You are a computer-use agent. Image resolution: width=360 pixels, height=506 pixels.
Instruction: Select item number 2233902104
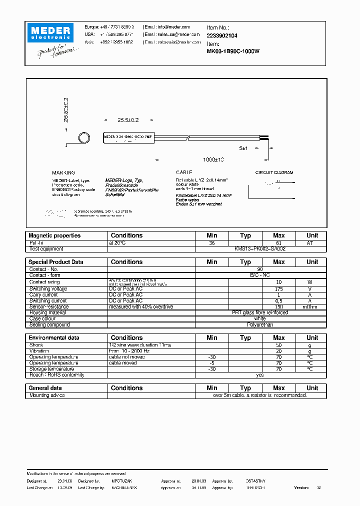click(222, 35)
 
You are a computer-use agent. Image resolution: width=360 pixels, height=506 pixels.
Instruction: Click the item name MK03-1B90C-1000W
click(233, 51)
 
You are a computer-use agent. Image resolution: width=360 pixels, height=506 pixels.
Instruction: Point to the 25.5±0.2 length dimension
click(127, 120)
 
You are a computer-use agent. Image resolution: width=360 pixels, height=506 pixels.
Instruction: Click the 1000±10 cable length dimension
click(213, 159)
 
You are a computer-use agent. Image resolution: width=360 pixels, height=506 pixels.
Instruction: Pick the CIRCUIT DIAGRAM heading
click(274, 172)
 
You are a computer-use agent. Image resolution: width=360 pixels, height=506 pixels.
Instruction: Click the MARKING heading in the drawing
click(63, 172)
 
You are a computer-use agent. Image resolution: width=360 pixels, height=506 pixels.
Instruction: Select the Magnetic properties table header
click(54, 235)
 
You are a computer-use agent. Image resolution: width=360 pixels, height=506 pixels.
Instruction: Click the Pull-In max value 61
click(278, 242)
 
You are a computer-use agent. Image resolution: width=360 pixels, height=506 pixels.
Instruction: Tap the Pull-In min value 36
click(212, 242)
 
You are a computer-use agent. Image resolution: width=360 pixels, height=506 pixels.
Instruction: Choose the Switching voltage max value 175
click(278, 289)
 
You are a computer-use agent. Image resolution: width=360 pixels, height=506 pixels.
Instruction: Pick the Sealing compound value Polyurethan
click(260, 324)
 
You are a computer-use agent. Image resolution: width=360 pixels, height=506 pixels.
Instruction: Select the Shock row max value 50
click(278, 345)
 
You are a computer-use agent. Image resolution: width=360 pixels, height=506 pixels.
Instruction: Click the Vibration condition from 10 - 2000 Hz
click(129, 351)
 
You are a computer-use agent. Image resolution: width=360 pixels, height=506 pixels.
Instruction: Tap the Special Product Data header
click(56, 262)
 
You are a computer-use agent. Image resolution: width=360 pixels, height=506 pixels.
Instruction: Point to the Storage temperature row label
click(51, 369)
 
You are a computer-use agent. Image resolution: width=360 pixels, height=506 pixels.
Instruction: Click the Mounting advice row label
click(47, 395)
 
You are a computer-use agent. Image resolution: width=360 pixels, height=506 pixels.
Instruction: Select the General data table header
click(45, 388)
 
